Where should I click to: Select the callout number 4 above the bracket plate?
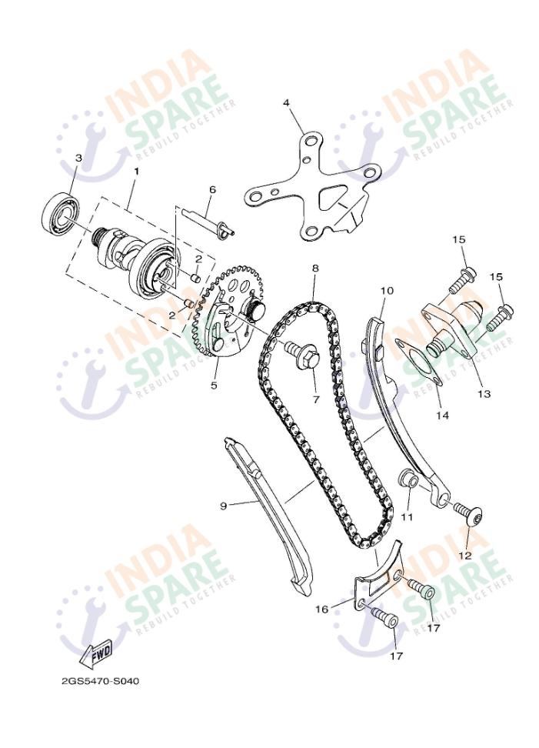(x=286, y=102)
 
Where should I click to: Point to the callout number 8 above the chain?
(x=315, y=269)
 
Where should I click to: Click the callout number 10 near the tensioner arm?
(x=386, y=291)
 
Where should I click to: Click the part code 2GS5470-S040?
(x=101, y=681)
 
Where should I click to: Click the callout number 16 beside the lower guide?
(x=322, y=609)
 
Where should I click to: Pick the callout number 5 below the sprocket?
(x=215, y=385)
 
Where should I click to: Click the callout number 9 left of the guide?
(x=223, y=506)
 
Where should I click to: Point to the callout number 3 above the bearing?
(x=78, y=158)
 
